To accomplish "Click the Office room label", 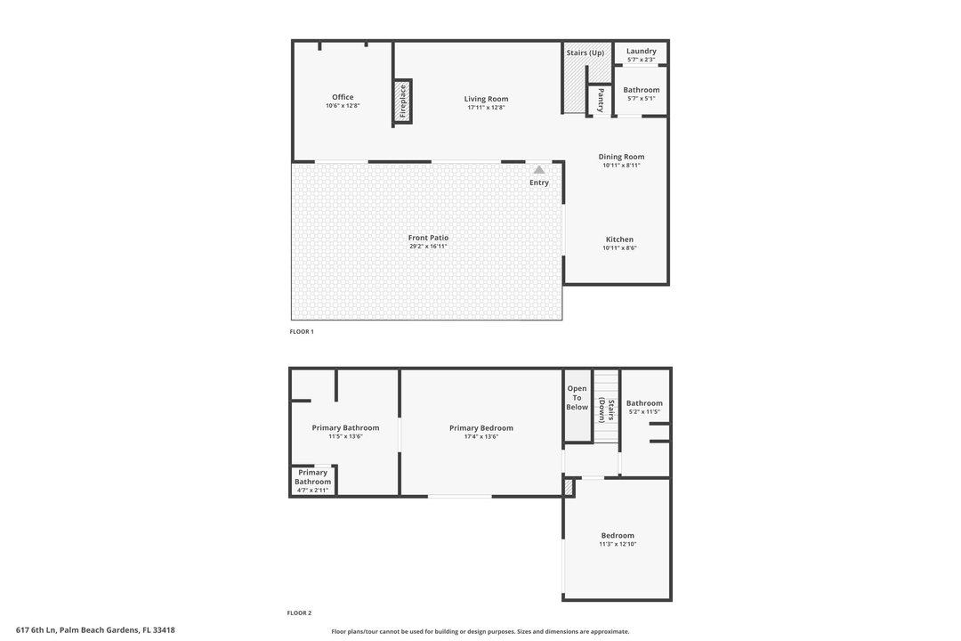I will click(343, 97).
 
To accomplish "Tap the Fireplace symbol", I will click(403, 101).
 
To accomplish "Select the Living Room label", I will click(486, 99).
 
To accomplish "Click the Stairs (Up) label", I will click(585, 53).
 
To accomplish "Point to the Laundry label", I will click(641, 51).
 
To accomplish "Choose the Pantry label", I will click(602, 99).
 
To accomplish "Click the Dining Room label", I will click(621, 157).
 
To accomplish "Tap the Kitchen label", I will click(619, 239).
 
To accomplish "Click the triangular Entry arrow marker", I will click(538, 169).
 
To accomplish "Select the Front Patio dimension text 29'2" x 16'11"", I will click(428, 247).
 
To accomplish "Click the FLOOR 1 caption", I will click(302, 332).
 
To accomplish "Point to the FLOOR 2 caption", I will click(299, 613).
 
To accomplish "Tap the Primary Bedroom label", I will click(480, 428).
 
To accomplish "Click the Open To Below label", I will click(577, 398).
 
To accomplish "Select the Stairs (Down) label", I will click(602, 409).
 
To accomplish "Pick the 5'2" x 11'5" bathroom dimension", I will click(644, 412).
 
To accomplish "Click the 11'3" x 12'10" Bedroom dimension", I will click(618, 544).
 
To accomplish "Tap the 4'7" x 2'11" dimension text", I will click(312, 491).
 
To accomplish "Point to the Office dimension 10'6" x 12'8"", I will click(343, 106).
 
